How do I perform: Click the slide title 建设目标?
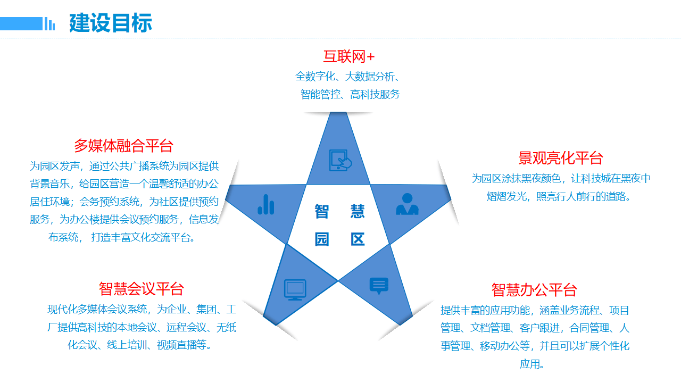click(x=111, y=23)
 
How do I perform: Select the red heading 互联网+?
click(x=349, y=56)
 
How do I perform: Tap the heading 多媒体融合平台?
click(x=123, y=146)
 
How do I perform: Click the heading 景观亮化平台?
click(x=561, y=158)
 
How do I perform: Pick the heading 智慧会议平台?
click(x=141, y=289)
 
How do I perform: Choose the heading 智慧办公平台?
click(x=534, y=290)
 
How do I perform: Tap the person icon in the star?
click(x=407, y=204)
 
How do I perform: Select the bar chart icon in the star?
click(x=266, y=204)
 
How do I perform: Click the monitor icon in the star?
click(x=295, y=289)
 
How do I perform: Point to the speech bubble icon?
click(x=379, y=286)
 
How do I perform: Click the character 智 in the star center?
click(x=321, y=212)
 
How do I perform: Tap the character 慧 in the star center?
click(x=358, y=212)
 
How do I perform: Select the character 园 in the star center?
click(x=321, y=239)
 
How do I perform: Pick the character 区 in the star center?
click(x=358, y=239)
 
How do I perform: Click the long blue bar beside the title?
click(x=21, y=23)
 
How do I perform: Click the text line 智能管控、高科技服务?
click(x=350, y=95)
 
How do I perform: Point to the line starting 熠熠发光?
click(x=559, y=197)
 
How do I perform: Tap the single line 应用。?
click(x=532, y=364)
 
